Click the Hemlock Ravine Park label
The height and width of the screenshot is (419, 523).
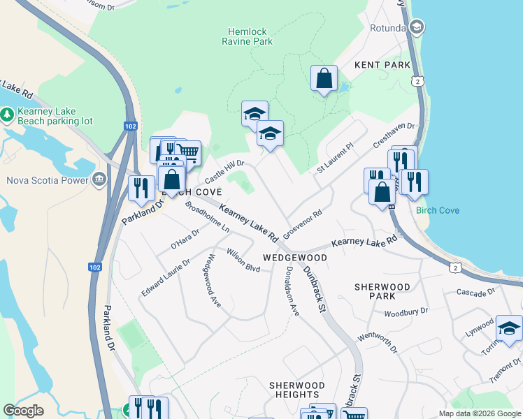point(250,36)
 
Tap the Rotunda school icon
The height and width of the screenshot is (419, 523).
point(417,27)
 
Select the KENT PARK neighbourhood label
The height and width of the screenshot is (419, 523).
point(382,65)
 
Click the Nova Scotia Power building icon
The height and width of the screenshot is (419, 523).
point(99,180)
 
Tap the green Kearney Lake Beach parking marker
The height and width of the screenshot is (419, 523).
point(8,113)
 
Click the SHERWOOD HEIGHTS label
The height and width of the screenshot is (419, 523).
point(297,390)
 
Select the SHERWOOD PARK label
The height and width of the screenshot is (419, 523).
point(382,291)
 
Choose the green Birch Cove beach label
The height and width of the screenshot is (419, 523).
point(437,210)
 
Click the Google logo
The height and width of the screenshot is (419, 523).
point(24,411)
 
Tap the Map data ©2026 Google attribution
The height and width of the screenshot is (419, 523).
point(479,413)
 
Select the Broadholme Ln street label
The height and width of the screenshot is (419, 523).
point(208,217)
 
